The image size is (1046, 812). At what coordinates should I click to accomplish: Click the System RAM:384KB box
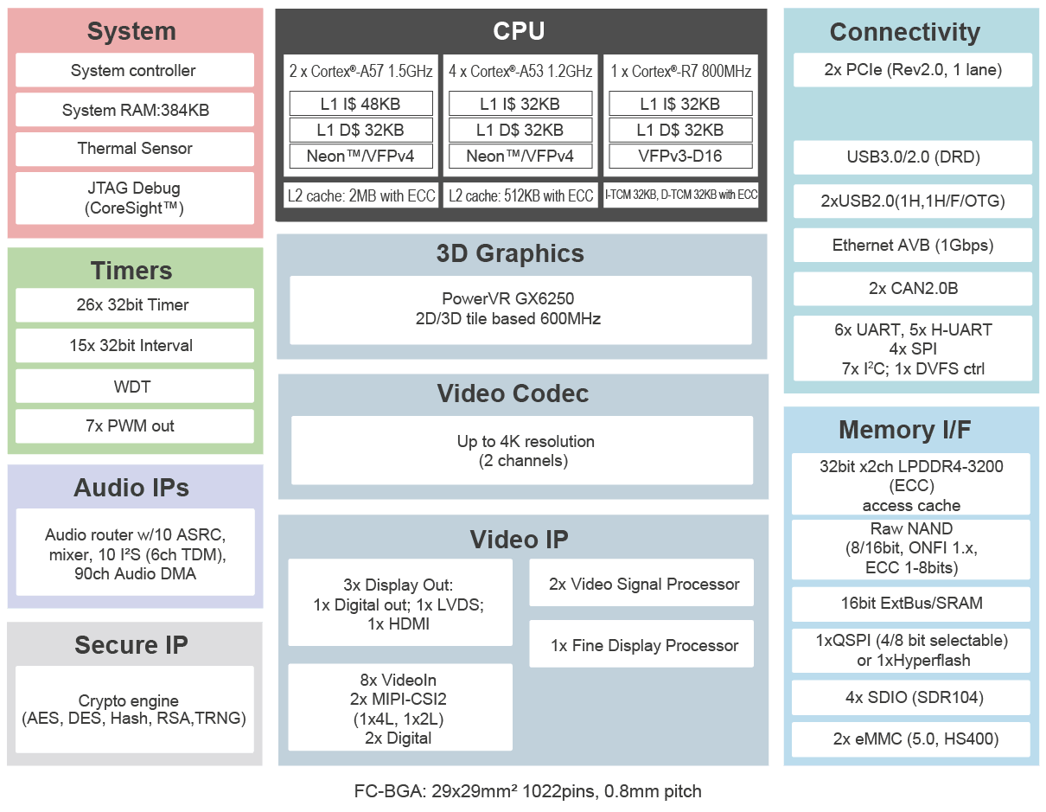tap(135, 110)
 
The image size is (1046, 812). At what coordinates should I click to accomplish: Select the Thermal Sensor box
tap(135, 149)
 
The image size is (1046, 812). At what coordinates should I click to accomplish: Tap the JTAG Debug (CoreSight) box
tap(135, 198)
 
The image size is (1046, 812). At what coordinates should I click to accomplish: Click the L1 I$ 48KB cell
tap(360, 104)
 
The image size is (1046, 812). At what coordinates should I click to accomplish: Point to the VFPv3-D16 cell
tap(680, 156)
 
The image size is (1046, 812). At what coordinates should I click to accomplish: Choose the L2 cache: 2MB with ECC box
tap(361, 195)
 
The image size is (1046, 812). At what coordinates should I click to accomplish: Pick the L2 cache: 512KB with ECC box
tap(520, 195)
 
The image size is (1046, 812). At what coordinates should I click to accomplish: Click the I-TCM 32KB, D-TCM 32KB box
tap(680, 195)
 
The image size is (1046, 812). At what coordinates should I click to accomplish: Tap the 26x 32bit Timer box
tap(135, 305)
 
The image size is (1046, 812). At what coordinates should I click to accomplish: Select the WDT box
tap(135, 386)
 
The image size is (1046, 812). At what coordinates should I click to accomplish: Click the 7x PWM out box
tap(135, 426)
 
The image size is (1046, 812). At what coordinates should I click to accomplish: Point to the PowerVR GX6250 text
tap(507, 298)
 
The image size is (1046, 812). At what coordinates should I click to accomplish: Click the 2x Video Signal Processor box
tap(641, 583)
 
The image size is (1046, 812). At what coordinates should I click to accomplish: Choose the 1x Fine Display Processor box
tap(641, 644)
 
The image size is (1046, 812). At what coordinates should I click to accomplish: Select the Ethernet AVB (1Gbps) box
tap(913, 245)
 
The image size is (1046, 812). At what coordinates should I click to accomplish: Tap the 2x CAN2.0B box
tap(913, 289)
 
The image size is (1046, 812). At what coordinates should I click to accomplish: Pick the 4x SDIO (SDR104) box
tap(911, 698)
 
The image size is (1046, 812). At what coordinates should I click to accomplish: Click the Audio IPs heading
tap(131, 488)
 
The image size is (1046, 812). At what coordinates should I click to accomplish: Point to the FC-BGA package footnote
tap(527, 791)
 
